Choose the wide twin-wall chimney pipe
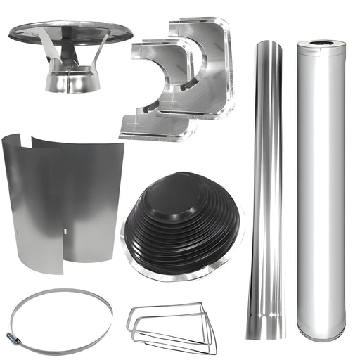321,190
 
